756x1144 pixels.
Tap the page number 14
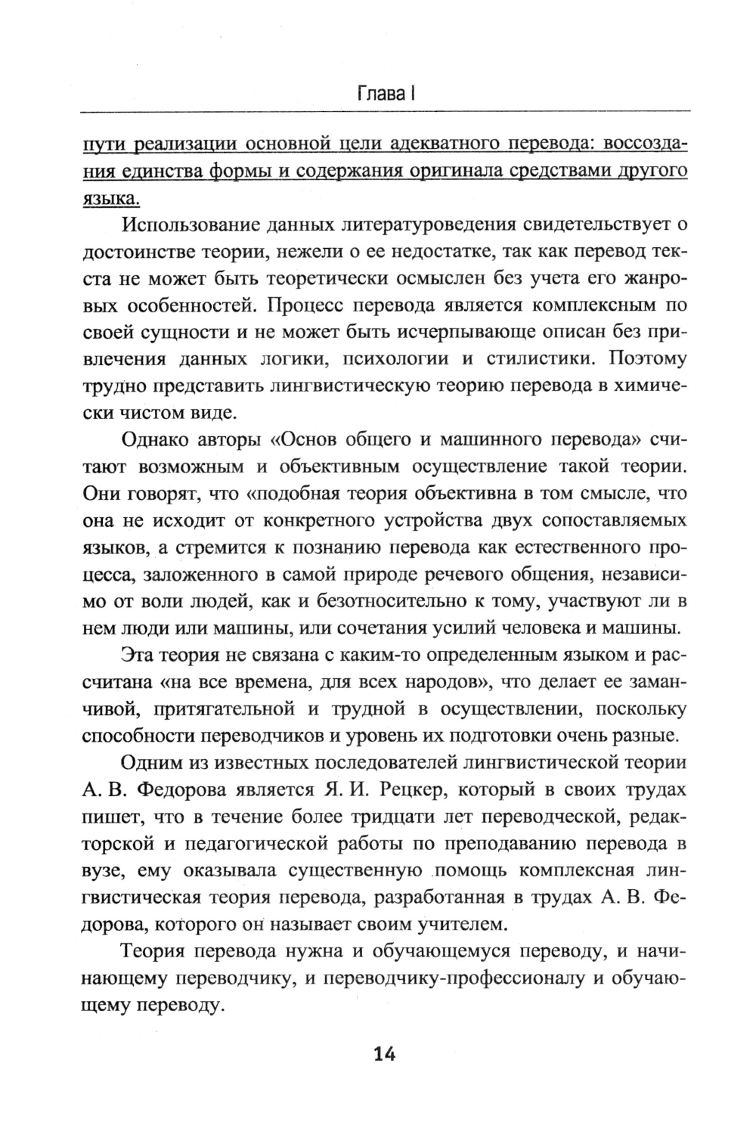tap(384, 1054)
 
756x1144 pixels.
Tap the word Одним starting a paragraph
tap(148, 763)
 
